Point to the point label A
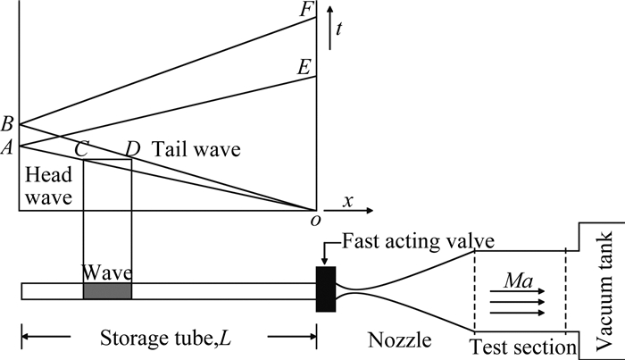pyautogui.click(x=8, y=147)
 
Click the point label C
pyautogui.click(x=80, y=148)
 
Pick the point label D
pyautogui.click(x=134, y=148)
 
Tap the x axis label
pyautogui.click(x=349, y=202)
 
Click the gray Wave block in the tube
pyautogui.click(x=107, y=290)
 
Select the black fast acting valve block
pyautogui.click(x=325, y=289)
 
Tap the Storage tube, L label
pyautogui.click(x=167, y=339)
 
